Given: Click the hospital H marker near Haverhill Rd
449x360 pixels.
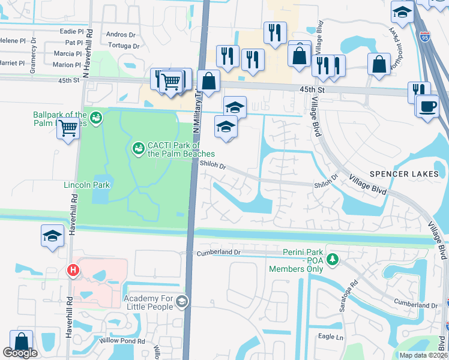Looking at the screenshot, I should pos(73,271).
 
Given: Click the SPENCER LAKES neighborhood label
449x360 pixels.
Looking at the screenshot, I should pos(405,174).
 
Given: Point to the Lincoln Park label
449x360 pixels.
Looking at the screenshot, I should pos(86,185).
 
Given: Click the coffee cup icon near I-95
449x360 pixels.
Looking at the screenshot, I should pos(427,107).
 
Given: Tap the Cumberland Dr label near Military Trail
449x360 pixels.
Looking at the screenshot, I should pos(218,253).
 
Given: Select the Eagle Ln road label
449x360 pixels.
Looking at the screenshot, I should pos(331,337).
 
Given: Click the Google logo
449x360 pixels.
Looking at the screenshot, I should pos(20,353).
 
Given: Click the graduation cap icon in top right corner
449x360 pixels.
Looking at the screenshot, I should pos(401,11).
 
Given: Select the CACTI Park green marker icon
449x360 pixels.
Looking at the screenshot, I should pos(138,147).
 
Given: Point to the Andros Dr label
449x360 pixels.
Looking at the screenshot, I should pos(117,35).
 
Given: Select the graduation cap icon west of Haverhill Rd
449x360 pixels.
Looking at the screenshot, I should pos(52,235).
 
